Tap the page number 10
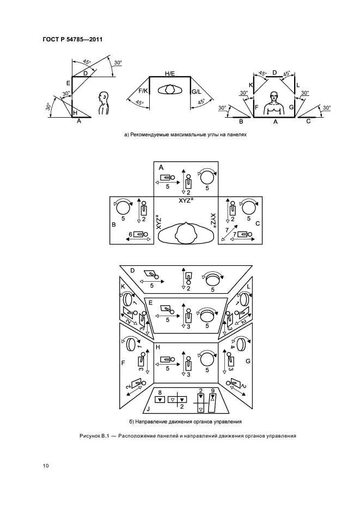(x=46, y=466)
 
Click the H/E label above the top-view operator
(x=169, y=73)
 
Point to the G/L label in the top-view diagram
(x=196, y=90)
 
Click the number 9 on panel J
(x=213, y=391)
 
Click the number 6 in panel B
(x=130, y=234)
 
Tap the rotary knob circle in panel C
(x=249, y=208)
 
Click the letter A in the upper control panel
(x=161, y=168)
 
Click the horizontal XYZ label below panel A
(x=185, y=201)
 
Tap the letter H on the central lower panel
(x=157, y=347)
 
